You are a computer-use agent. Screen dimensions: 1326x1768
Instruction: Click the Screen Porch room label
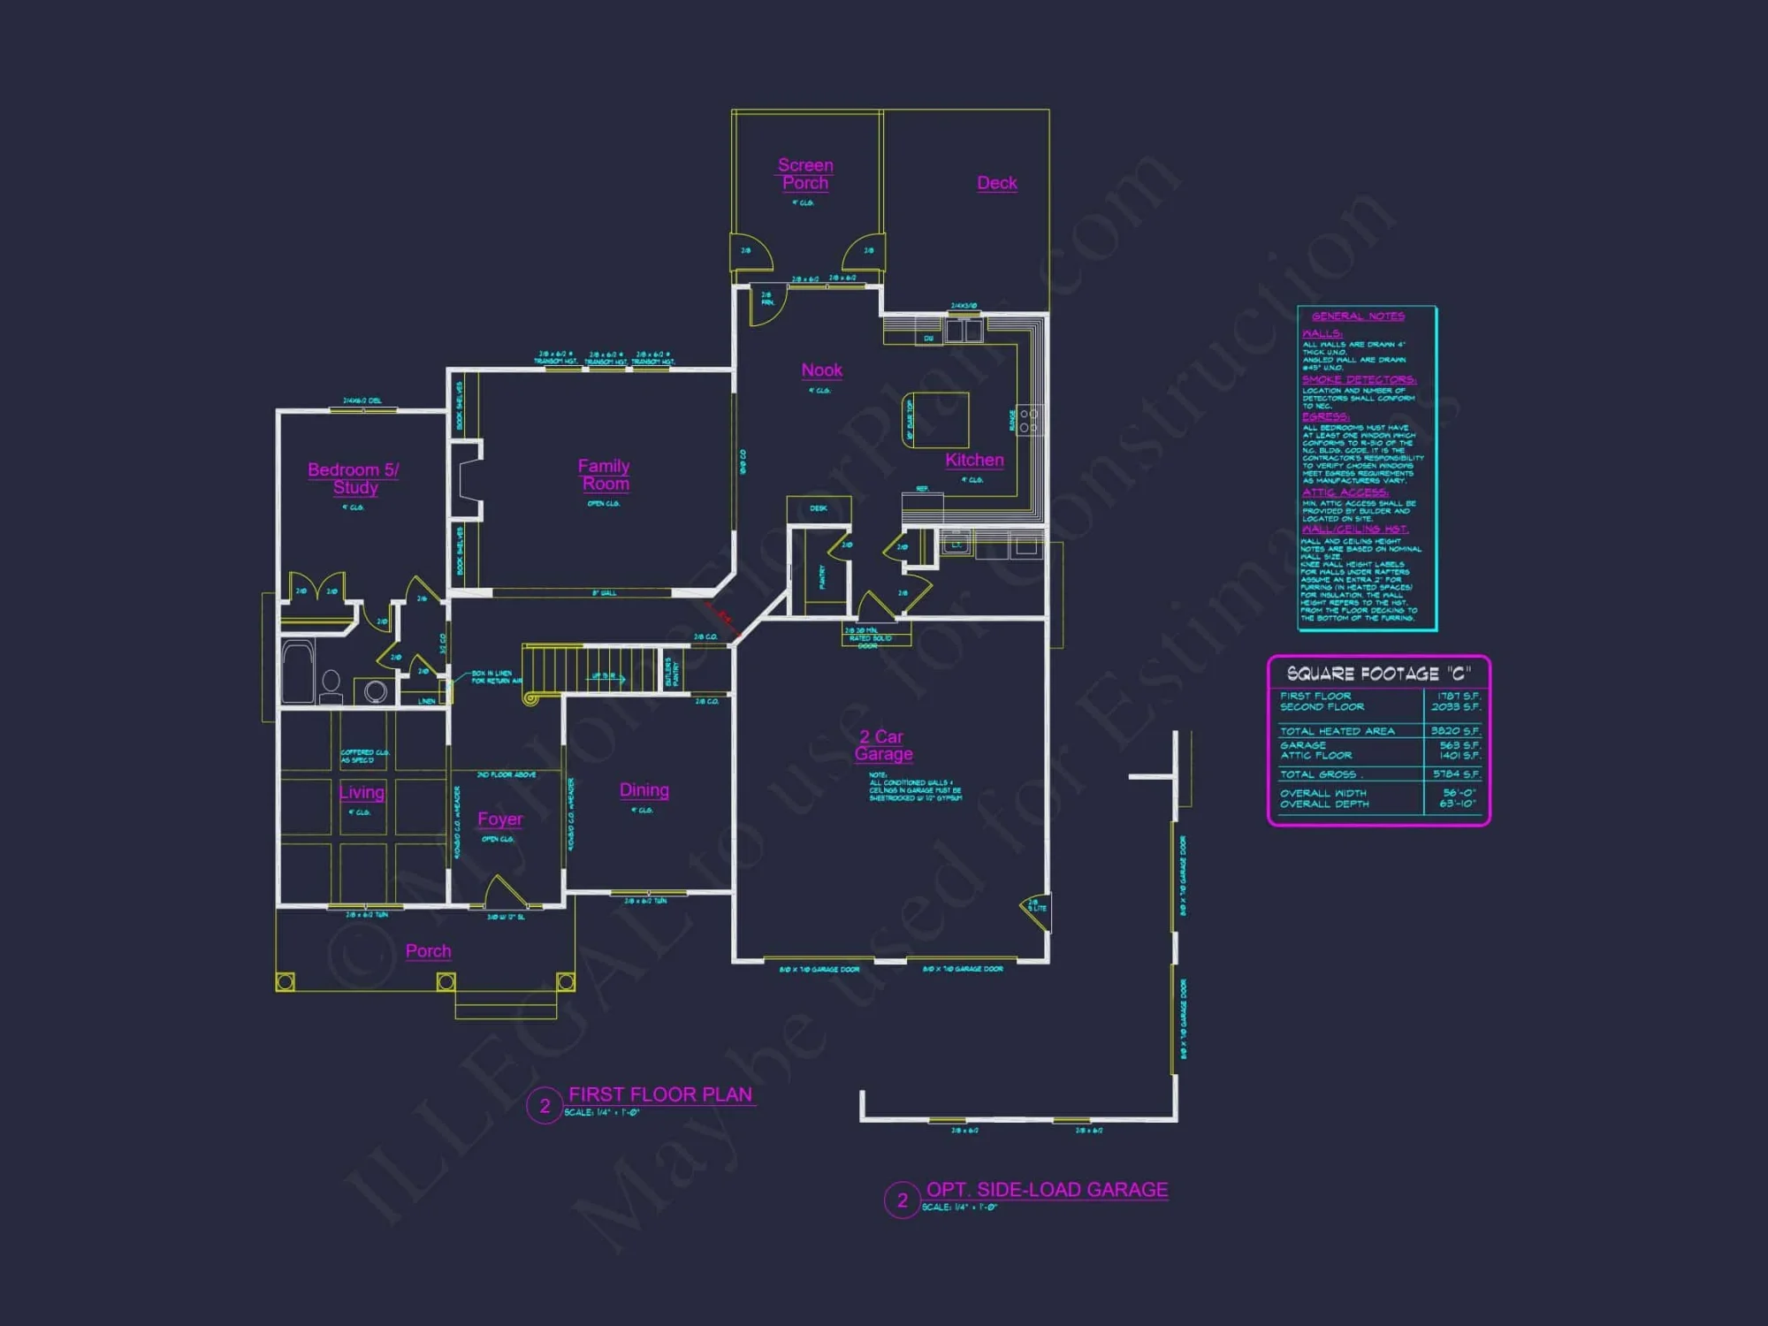point(805,174)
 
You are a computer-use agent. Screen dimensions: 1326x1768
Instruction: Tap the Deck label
point(996,183)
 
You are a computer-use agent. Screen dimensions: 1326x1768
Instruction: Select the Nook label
point(821,370)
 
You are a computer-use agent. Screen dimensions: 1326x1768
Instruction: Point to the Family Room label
point(605,475)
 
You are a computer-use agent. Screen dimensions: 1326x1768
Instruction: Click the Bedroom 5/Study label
point(354,478)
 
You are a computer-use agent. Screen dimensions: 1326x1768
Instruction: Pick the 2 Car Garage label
point(883,745)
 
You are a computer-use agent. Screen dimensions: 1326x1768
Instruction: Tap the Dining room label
point(644,790)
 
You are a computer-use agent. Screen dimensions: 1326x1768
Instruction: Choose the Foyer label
point(499,819)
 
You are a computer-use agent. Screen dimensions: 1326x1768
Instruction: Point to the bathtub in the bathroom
point(298,672)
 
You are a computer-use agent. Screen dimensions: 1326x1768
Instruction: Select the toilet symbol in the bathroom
point(331,683)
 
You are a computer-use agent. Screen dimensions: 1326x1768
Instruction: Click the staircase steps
point(588,667)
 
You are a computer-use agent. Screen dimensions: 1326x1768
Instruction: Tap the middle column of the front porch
point(446,982)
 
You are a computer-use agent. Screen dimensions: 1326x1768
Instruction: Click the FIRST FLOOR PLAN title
point(659,1094)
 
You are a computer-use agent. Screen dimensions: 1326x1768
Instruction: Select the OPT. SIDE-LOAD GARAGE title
point(1047,1190)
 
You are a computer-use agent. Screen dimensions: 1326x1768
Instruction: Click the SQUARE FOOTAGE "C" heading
point(1378,674)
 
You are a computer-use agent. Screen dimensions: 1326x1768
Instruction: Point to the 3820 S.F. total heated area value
point(1455,731)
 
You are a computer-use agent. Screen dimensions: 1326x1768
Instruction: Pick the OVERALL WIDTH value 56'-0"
point(1457,793)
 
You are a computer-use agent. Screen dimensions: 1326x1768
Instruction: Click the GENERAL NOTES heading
point(1358,316)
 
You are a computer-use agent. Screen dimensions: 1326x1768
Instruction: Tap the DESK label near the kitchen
point(819,508)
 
